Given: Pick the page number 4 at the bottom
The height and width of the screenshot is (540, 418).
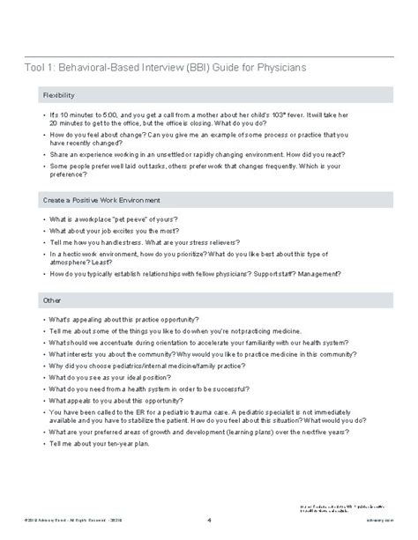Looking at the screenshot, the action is click(208, 518).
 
